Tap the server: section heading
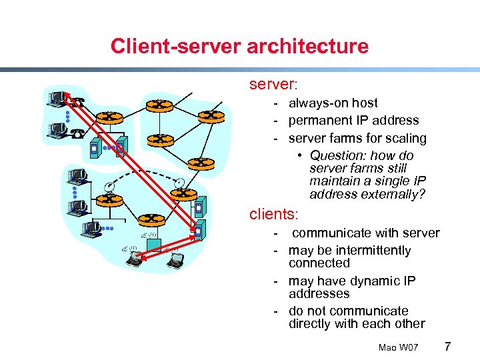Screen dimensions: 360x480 (273, 85)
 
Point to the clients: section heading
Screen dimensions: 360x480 (274, 214)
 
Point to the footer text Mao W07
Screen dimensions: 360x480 (398, 348)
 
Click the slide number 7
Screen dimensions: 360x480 (447, 347)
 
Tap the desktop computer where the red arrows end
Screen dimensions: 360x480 (56, 99)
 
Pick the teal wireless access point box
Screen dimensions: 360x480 (154, 245)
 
